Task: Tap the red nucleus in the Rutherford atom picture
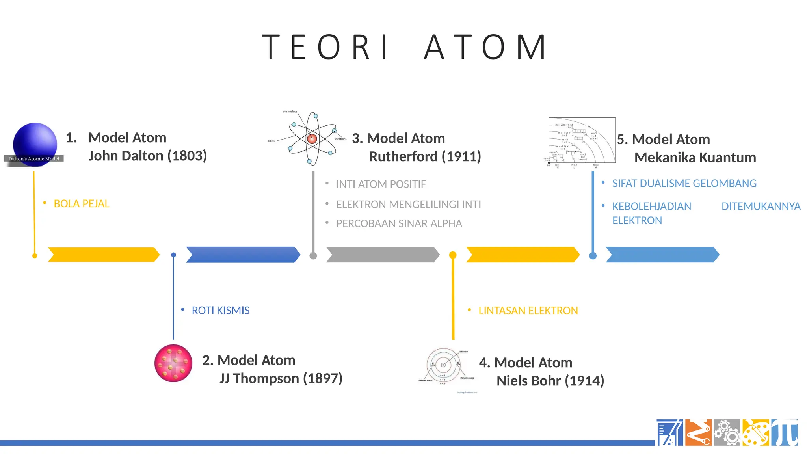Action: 312,138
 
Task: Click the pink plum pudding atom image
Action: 173,363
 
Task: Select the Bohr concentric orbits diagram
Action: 444,365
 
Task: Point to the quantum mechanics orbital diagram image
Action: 582,141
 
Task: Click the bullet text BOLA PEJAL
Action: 81,204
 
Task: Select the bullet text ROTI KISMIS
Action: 220,311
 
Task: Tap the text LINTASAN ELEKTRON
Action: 528,311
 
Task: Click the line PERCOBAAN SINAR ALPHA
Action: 399,223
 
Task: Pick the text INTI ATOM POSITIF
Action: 381,184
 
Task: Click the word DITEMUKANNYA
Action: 761,206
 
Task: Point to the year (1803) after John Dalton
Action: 187,156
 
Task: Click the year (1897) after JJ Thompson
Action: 322,378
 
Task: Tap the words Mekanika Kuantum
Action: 695,158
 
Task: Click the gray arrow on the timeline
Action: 382,255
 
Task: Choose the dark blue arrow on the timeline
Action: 242,255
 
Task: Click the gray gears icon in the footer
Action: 727,433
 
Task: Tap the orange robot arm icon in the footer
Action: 698,433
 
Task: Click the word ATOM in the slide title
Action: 485,47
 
